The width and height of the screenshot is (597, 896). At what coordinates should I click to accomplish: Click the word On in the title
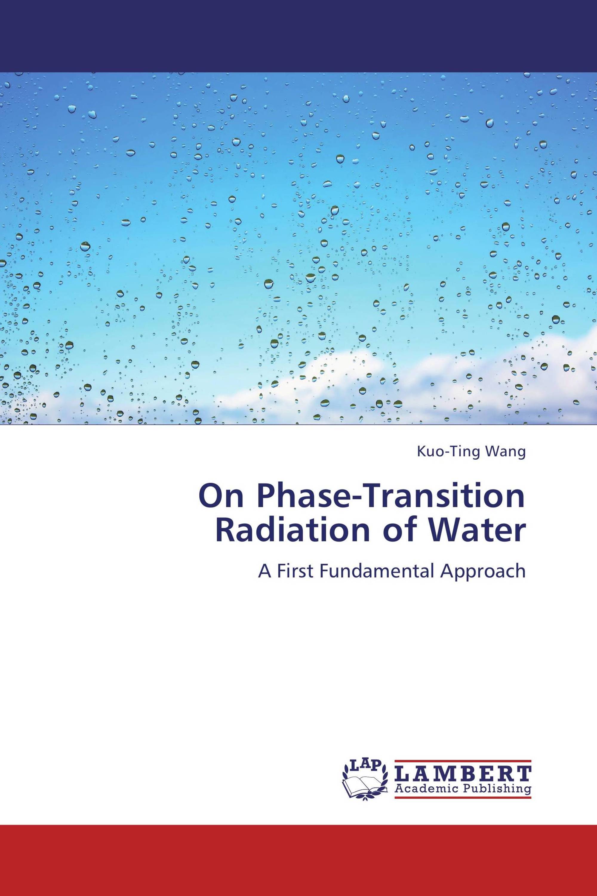tap(221, 498)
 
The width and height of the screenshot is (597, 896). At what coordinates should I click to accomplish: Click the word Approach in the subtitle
tap(484, 572)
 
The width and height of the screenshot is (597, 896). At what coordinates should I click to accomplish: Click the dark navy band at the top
tap(298, 36)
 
